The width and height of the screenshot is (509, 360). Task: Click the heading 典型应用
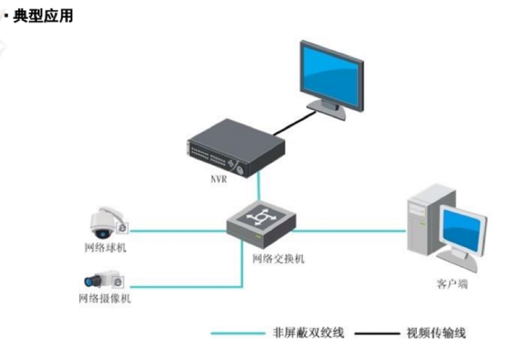[43, 16]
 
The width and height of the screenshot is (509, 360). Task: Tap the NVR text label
[218, 180]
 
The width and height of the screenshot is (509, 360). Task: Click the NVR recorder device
[234, 148]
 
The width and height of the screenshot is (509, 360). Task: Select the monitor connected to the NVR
[331, 73]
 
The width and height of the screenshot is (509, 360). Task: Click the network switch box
[261, 222]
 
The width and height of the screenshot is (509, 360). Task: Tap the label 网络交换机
[279, 259]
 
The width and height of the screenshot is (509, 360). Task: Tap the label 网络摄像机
[105, 298]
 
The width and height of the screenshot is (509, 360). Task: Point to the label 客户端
[452, 283]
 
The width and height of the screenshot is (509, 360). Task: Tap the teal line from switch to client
[351, 231]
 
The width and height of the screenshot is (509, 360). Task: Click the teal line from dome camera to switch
[178, 231]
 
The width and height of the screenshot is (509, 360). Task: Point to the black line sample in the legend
[376, 333]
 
